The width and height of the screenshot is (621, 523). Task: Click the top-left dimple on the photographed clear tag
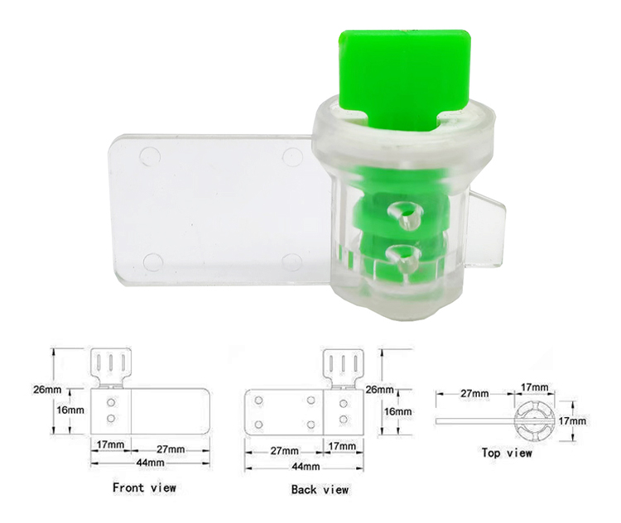pos(150,155)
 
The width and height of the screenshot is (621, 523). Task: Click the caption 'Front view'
pos(144,487)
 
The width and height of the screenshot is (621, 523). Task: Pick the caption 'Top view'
pos(507,453)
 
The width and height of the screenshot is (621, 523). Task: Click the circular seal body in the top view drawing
pos(532,420)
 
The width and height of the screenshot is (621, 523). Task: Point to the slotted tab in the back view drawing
pos(342,366)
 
